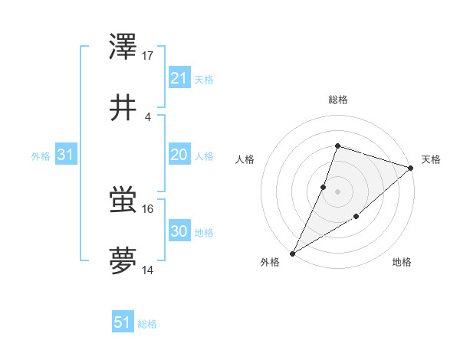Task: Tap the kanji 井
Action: (123, 107)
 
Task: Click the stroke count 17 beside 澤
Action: (148, 55)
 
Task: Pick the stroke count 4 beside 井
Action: (148, 116)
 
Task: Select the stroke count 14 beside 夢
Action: (148, 270)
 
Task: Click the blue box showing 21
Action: (179, 77)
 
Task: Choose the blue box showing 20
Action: (179, 155)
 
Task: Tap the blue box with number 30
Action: (179, 231)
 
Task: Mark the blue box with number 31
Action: (66, 155)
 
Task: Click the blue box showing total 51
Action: (123, 322)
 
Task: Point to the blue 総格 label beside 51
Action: (147, 324)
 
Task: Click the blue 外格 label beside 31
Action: (41, 156)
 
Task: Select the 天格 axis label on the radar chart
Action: (431, 159)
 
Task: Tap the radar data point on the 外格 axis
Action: (292, 254)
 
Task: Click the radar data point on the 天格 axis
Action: (411, 168)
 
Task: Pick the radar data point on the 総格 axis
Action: (337, 146)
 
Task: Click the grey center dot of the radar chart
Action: (337, 191)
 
